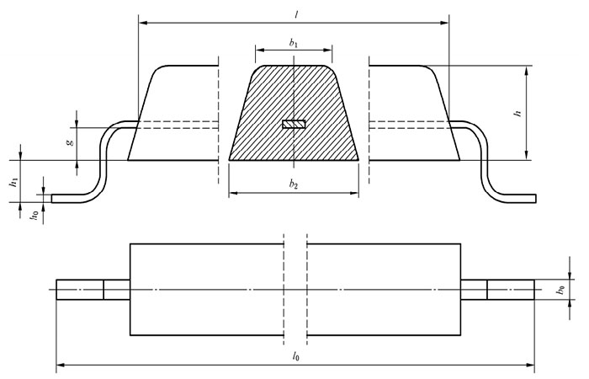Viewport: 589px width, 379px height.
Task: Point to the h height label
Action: [x=518, y=112]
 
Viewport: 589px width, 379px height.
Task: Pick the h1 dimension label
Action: [x=13, y=180]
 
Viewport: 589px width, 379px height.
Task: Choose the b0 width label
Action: [x=560, y=290]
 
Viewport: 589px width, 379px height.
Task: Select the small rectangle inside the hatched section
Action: [x=294, y=125]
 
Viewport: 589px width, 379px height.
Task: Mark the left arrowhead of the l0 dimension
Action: [x=60, y=366]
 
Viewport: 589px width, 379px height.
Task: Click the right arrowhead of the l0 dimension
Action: [x=532, y=366]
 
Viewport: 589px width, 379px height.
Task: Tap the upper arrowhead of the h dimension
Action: [x=526, y=70]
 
